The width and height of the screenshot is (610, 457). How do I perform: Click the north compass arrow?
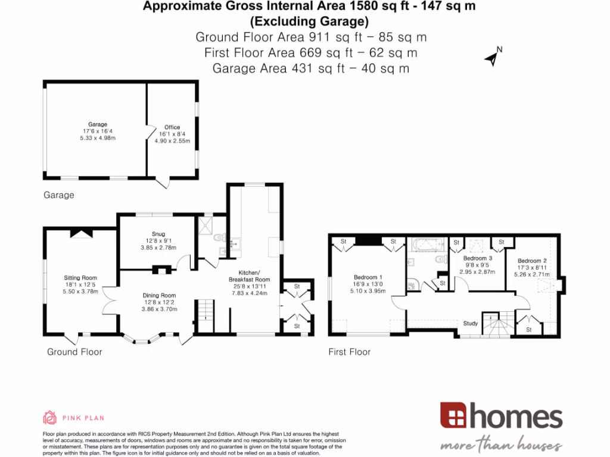point(492,58)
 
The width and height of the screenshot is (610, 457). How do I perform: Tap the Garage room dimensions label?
point(98,134)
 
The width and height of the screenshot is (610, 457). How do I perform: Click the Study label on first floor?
point(471,324)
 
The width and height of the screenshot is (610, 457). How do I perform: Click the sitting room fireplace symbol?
point(81,233)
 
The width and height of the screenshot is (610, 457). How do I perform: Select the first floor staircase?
point(497,324)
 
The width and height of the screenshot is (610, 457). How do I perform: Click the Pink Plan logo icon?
point(49,417)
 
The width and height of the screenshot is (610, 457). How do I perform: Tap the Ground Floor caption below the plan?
point(74,352)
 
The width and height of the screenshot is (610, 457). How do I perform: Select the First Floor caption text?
point(350,352)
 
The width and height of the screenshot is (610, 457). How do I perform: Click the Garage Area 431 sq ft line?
point(310,68)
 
